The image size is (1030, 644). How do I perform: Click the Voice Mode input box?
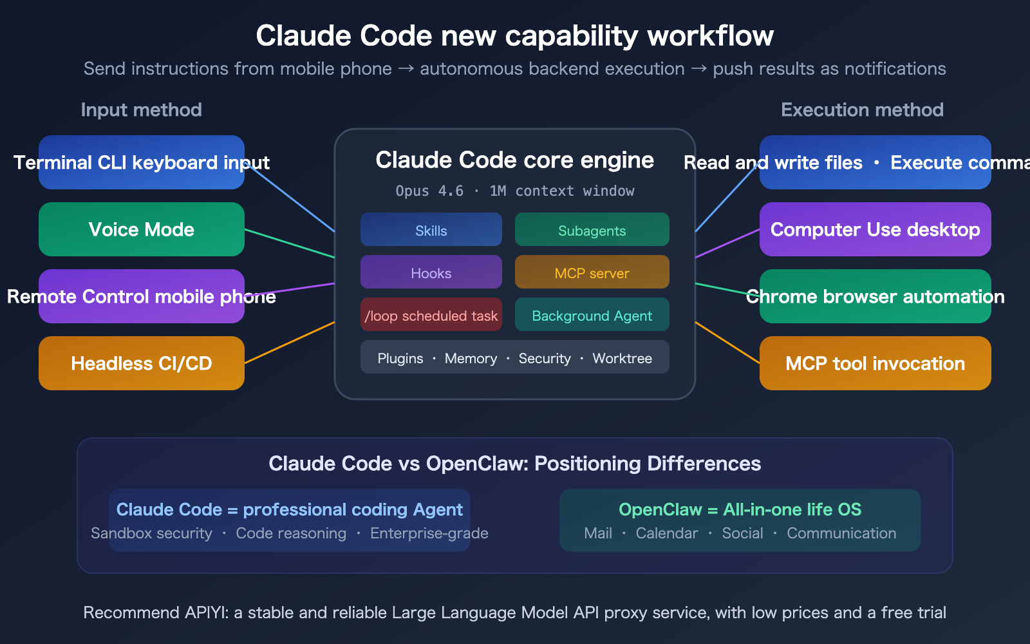142,229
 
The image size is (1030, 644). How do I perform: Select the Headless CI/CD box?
142,363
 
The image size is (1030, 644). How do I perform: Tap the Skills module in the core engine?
431,230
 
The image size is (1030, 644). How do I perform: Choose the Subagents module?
592,230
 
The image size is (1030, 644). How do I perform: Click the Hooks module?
431,272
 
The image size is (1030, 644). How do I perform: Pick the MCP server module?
592,272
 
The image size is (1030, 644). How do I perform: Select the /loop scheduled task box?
431,315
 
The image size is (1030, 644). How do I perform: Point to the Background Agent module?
592,315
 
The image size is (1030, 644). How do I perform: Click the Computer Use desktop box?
875,229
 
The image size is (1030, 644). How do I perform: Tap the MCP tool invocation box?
875,363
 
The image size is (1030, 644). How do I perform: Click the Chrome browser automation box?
875,296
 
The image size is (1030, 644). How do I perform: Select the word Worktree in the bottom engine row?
622,358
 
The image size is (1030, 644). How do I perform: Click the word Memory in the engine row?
471,358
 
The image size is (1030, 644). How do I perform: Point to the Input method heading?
141,109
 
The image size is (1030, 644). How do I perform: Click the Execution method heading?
862,109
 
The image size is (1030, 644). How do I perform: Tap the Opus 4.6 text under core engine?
429,191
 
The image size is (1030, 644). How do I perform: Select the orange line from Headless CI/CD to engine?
290,343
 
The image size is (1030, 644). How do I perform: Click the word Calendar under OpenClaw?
666,533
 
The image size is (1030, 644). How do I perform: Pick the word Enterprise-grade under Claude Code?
429,533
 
